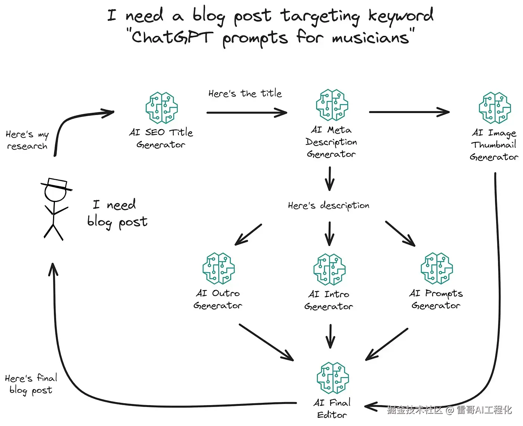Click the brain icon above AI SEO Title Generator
tap(161, 108)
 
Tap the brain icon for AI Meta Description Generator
tap(332, 105)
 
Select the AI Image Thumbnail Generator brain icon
tap(495, 108)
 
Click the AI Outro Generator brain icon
tap(219, 268)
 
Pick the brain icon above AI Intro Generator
tap(329, 270)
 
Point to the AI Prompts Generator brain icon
tap(437, 268)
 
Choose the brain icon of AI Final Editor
tap(332, 378)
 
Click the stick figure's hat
tap(56, 184)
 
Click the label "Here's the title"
tap(245, 93)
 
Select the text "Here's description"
tap(328, 205)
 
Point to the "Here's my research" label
tap(27, 140)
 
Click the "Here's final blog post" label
tap(31, 384)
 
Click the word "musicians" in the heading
tap(370, 38)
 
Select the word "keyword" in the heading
tap(401, 16)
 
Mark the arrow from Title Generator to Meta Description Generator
tap(247, 112)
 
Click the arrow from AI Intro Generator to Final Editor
tap(330, 336)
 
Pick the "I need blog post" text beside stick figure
tap(117, 213)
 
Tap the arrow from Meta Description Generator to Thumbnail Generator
tap(409, 112)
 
